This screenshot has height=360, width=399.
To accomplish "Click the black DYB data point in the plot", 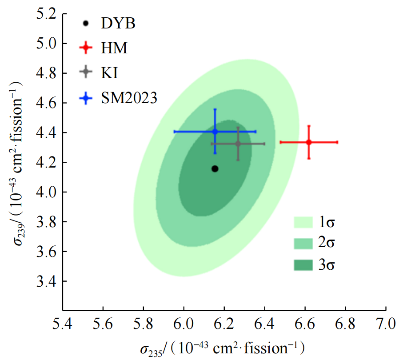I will point(215,168).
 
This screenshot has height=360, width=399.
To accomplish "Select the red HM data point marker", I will point(309,142).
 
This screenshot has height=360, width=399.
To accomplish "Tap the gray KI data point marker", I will point(238,144).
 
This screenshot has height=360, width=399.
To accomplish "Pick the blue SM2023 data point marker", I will point(215,132).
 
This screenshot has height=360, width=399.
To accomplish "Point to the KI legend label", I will point(109,72).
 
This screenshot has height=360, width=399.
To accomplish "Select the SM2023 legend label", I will point(129,97).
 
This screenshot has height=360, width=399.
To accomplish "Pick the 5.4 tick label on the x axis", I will point(62,323).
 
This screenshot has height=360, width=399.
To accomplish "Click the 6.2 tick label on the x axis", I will point(224,323).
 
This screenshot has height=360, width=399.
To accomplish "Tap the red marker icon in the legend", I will point(85,48).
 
